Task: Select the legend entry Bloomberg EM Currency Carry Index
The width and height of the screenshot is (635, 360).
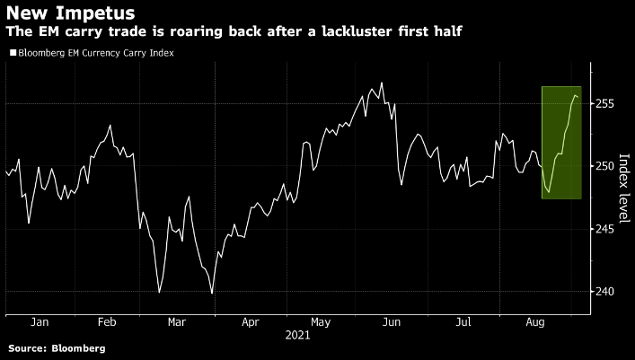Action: [94, 53]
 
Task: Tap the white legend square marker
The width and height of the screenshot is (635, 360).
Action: [11, 53]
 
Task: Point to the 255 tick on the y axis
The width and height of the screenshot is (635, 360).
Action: [604, 104]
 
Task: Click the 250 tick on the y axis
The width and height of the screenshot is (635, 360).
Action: [604, 167]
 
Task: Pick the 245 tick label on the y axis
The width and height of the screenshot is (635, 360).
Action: [604, 229]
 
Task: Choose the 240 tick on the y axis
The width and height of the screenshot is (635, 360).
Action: [604, 292]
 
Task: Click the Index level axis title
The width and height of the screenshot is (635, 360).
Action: [624, 185]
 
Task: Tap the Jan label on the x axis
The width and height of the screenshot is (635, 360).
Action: [39, 320]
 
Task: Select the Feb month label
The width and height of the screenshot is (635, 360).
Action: [106, 320]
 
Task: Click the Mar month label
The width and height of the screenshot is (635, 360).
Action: [178, 320]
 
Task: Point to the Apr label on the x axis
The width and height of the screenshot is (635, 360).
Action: [251, 320]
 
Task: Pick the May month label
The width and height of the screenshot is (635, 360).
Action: [321, 320]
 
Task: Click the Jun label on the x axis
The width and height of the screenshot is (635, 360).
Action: [392, 320]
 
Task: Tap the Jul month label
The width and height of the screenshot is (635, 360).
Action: [463, 320]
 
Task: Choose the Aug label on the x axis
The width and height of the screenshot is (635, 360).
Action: [534, 320]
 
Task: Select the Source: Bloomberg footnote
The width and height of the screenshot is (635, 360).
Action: [57, 347]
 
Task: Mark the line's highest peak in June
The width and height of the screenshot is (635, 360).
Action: [382, 83]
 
